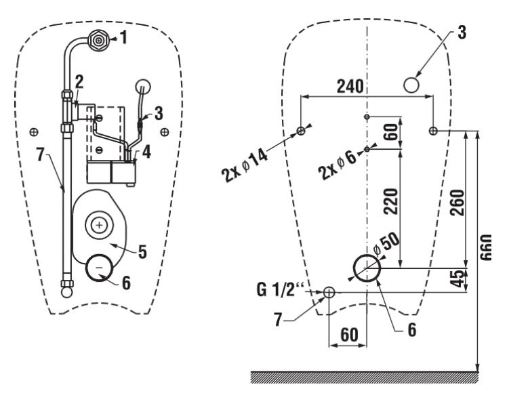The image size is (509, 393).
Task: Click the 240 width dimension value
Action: (350, 86)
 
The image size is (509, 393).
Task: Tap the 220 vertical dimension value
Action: (390, 201)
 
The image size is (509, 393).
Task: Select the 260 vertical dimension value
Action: (457, 203)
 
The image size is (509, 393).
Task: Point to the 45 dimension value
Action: (458, 278)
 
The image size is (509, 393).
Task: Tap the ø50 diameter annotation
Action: (386, 244)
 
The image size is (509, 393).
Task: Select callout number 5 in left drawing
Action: (142, 251)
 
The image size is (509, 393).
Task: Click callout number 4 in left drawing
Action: (146, 152)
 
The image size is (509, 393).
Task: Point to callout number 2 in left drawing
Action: (79, 82)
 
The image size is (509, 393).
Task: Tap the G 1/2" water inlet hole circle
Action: (329, 292)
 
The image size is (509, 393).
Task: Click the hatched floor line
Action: (364, 377)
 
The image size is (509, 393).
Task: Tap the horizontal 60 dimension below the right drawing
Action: (349, 335)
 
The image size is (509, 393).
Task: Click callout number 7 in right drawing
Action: (278, 319)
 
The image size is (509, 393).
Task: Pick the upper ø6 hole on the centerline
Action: (367, 117)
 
